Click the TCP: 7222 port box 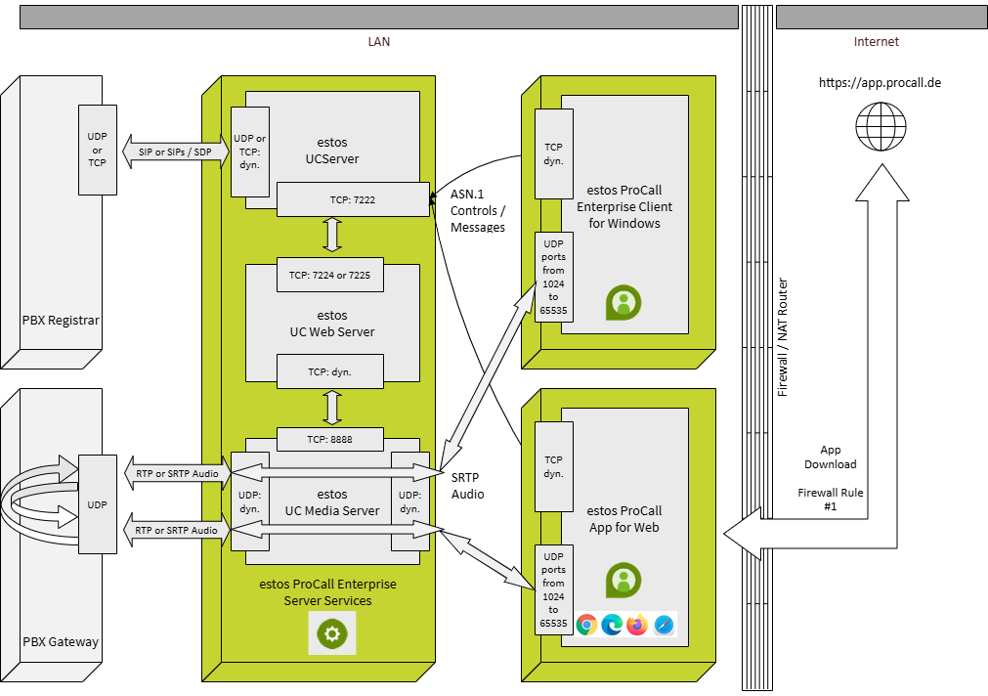(352, 199)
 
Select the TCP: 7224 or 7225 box (329, 275)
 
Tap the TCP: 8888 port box (329, 440)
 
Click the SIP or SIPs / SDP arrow (176, 152)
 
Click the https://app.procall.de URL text (880, 83)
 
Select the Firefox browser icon (638, 625)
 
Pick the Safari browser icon (664, 625)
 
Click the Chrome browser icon (587, 625)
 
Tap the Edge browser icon (613, 625)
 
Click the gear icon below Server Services (332, 634)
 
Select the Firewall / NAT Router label (782, 337)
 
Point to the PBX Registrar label (61, 320)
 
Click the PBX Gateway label (61, 642)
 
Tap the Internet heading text (876, 42)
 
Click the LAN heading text (378, 42)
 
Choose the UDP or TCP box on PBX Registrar (97, 150)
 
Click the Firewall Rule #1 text (831, 500)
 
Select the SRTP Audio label (467, 486)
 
